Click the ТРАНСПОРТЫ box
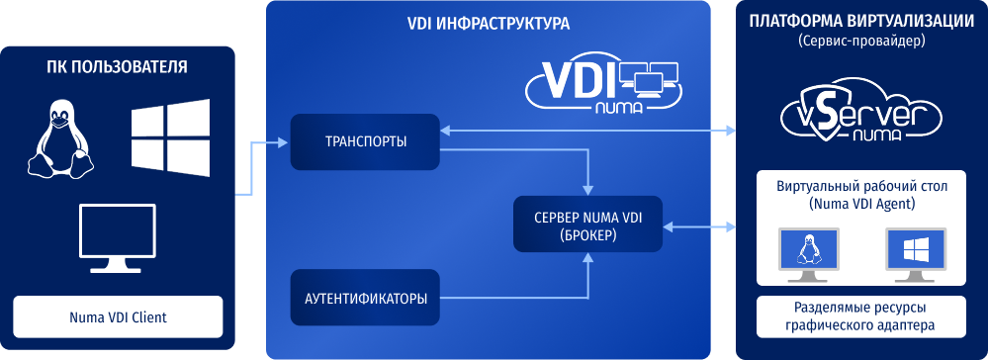pyautogui.click(x=365, y=141)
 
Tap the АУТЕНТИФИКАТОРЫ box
pyautogui.click(x=365, y=298)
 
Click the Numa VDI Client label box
pyautogui.click(x=119, y=317)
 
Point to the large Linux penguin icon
pyautogui.click(x=60, y=139)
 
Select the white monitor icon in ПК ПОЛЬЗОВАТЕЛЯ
pyautogui.click(x=118, y=237)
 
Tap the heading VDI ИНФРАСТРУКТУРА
pyautogui.click(x=489, y=24)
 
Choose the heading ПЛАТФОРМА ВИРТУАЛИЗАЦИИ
pyautogui.click(x=862, y=22)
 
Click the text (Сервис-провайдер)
pyautogui.click(x=861, y=43)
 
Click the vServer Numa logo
pyautogui.click(x=861, y=112)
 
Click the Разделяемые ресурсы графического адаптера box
pyautogui.click(x=861, y=317)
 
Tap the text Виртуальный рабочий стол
pyautogui.click(x=861, y=187)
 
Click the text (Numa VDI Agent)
pyautogui.click(x=861, y=205)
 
